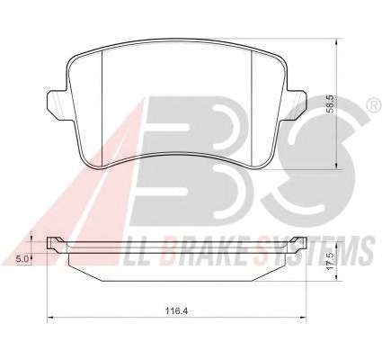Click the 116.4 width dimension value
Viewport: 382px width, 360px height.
(x=176, y=311)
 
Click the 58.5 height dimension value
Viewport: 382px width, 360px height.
(x=331, y=104)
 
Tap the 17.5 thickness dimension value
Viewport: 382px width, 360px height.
(x=330, y=261)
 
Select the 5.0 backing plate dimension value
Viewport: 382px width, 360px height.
(x=22, y=259)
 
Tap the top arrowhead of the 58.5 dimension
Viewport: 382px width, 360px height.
(x=337, y=41)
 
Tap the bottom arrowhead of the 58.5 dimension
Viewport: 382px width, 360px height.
(x=337, y=166)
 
